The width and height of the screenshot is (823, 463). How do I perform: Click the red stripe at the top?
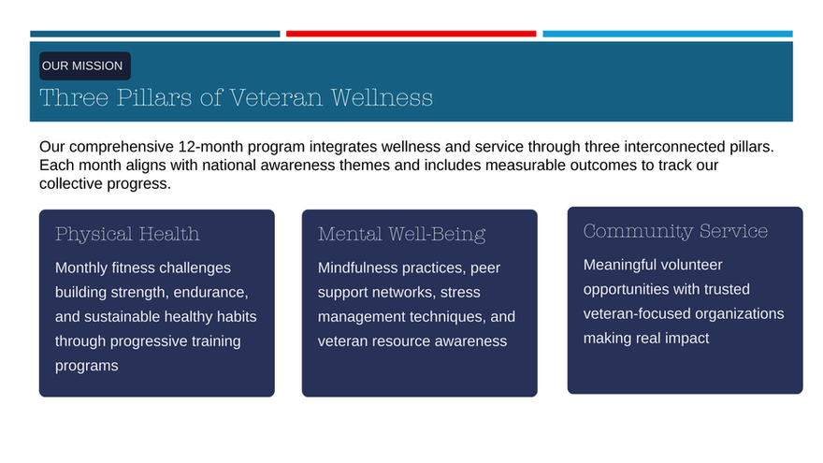click(x=411, y=34)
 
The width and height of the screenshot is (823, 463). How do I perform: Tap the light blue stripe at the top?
click(x=668, y=34)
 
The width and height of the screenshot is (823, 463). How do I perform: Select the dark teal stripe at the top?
click(x=155, y=34)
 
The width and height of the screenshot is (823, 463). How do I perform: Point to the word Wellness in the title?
click(x=382, y=97)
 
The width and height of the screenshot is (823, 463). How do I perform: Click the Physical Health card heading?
click(x=127, y=234)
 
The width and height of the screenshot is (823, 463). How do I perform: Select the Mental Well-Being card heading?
click(x=401, y=234)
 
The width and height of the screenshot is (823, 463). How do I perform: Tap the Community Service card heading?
click(x=675, y=231)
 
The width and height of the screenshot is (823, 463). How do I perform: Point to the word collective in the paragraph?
click(x=71, y=183)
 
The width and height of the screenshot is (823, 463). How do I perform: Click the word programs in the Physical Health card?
click(x=87, y=366)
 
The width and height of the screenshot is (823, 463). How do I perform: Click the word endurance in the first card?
click(x=210, y=293)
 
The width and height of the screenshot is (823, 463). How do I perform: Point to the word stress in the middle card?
click(x=460, y=293)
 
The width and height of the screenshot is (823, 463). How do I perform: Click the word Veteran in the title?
click(x=276, y=97)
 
